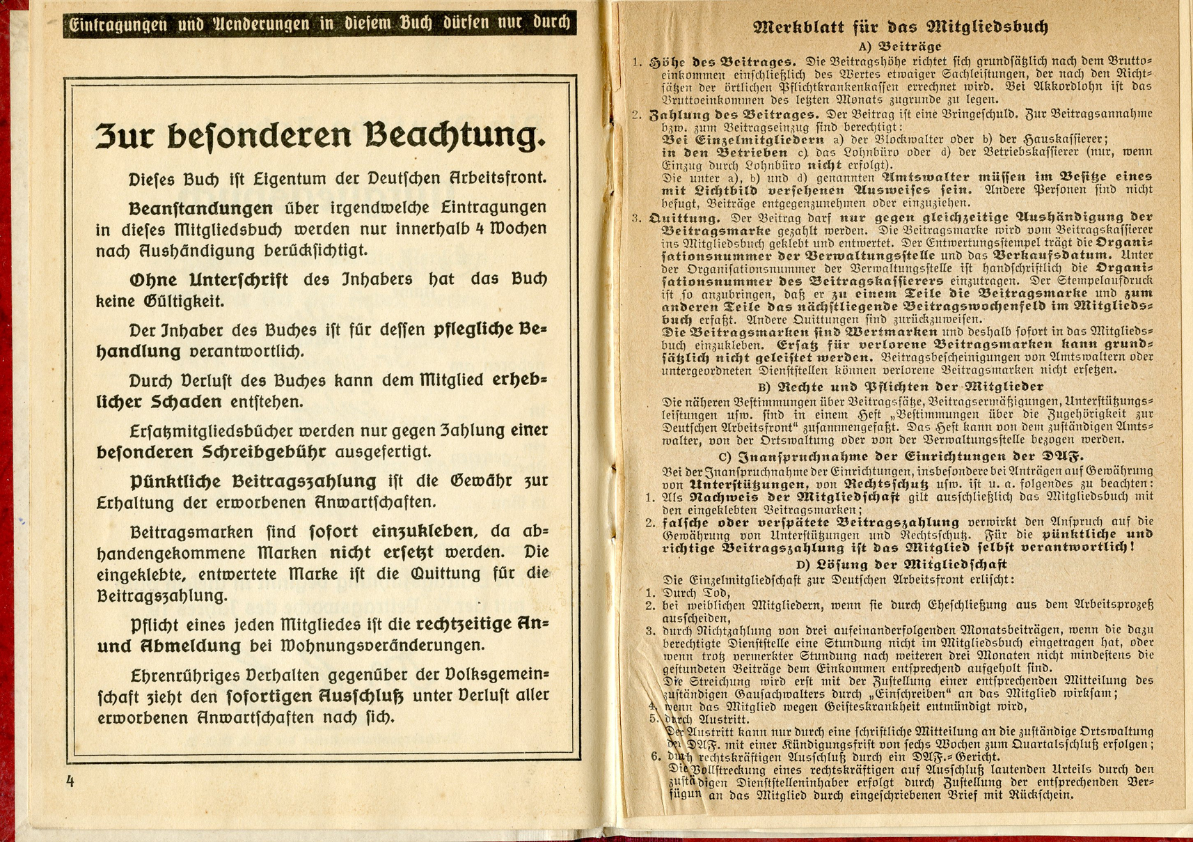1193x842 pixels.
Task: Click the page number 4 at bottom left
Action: [x=70, y=781]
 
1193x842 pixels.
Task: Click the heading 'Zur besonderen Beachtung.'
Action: [x=319, y=135]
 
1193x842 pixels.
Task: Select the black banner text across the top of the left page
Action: [x=319, y=24]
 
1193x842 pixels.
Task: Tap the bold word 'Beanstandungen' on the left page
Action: [x=200, y=208]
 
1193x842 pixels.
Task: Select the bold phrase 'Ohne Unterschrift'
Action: [x=208, y=280]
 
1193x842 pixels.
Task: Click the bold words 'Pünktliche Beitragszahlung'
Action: [x=253, y=481]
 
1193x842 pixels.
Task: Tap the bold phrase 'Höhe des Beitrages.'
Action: [x=722, y=62]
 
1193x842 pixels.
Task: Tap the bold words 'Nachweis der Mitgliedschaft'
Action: [x=793, y=497]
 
